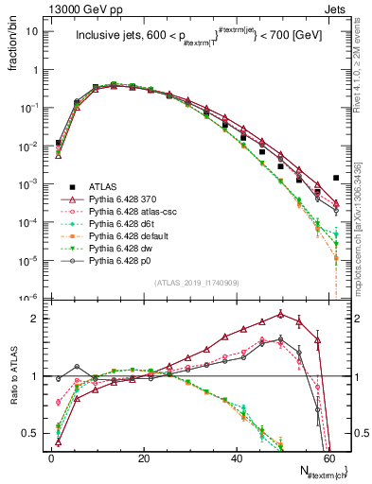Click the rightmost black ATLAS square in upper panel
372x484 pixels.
click(336, 178)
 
